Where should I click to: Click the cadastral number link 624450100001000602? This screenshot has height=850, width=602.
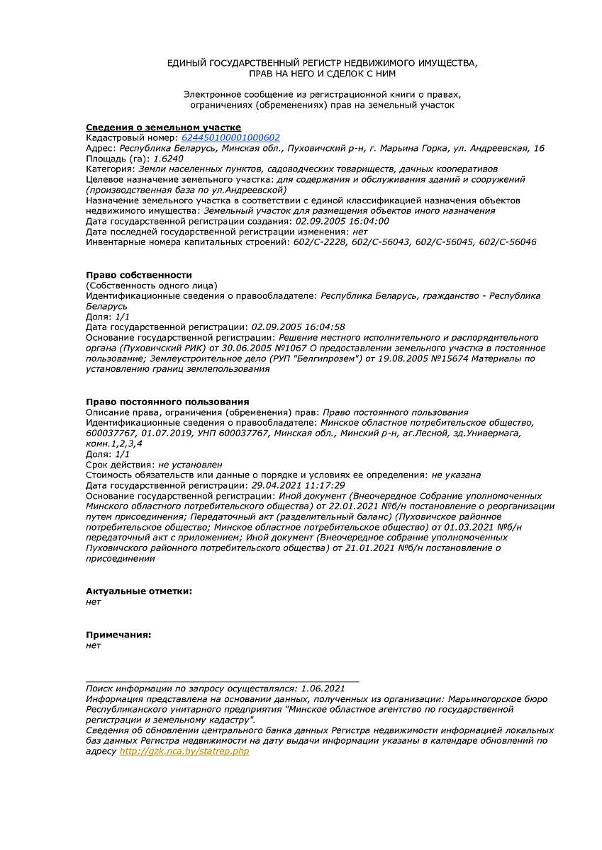(230, 138)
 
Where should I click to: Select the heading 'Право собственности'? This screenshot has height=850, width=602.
(139, 275)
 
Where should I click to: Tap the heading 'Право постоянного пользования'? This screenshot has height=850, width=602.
(167, 402)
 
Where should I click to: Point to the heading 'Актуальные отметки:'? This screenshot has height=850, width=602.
(139, 591)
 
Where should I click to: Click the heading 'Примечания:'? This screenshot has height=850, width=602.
(118, 635)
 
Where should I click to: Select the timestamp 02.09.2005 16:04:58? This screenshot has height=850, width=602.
(299, 327)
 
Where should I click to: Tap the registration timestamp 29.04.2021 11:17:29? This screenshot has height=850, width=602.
(299, 485)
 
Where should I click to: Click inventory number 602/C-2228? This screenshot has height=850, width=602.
(316, 242)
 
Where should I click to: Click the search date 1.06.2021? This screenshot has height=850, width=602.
(323, 688)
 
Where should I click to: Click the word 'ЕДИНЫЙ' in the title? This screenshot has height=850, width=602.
(187, 63)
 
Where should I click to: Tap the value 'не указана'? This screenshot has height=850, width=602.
(456, 475)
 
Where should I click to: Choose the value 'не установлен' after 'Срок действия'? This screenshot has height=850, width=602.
(190, 465)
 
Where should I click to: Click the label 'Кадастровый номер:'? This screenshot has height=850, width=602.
(132, 138)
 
